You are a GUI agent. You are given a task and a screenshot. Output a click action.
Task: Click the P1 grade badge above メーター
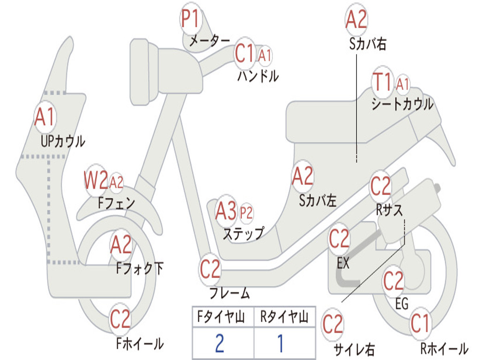(191, 20)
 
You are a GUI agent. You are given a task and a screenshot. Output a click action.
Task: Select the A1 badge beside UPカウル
(45, 117)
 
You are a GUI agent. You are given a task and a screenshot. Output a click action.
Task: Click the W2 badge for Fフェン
(96, 180)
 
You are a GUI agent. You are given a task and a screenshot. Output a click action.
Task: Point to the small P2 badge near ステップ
(246, 213)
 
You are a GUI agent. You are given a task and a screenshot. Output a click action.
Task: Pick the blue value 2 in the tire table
(219, 344)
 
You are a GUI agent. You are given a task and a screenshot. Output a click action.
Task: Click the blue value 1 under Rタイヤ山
(280, 344)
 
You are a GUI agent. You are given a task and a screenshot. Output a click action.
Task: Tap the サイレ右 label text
(354, 349)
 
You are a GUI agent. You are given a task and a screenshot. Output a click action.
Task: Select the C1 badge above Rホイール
(420, 323)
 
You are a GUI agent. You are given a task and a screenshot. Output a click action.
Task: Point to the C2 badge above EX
(339, 239)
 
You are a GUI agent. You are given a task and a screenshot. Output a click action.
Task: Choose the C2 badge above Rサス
(381, 186)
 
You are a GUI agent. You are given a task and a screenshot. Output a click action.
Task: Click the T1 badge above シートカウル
(382, 83)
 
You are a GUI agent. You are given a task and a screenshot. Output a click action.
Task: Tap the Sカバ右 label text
(367, 44)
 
